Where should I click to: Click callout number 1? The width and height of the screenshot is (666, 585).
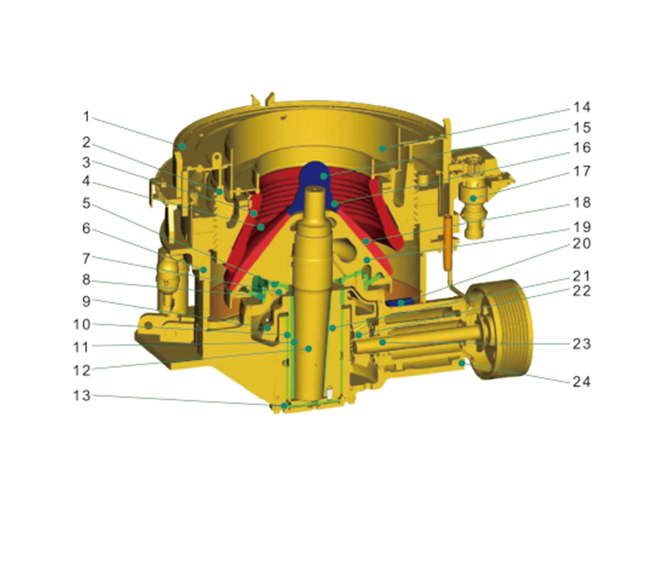pyautogui.click(x=87, y=117)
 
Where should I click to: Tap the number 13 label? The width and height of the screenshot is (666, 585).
pyautogui.click(x=82, y=395)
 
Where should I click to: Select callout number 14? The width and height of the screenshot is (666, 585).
pyautogui.click(x=582, y=107)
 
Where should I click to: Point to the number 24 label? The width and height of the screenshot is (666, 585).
pyautogui.click(x=582, y=382)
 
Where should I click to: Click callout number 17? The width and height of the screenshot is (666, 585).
pyautogui.click(x=582, y=171)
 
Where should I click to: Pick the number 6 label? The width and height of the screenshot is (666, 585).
pyautogui.click(x=87, y=228)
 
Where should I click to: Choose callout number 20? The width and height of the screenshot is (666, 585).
pyautogui.click(x=582, y=243)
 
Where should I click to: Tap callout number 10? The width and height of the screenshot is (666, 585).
pyautogui.click(x=82, y=325)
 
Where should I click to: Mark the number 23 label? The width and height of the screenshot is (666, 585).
pyautogui.click(x=582, y=344)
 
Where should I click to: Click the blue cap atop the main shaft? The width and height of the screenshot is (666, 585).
pyautogui.click(x=316, y=178)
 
